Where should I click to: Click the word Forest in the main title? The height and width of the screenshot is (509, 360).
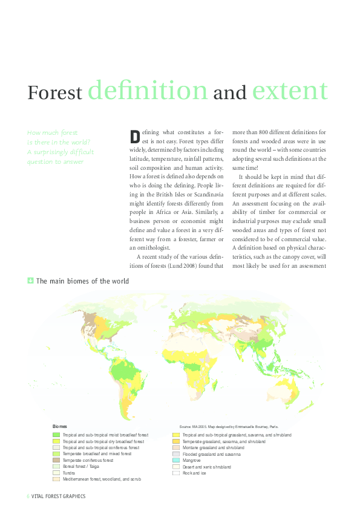tap(54, 93)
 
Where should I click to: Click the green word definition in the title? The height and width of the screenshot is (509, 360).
tap(148, 90)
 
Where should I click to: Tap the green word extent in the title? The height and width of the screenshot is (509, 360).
tap(290, 90)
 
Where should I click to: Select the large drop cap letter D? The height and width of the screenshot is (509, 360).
tap(135, 135)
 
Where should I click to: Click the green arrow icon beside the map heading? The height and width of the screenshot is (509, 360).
tap(30, 280)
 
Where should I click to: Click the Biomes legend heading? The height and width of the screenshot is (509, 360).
tap(60, 427)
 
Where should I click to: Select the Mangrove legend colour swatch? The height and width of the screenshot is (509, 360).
tap(176, 460)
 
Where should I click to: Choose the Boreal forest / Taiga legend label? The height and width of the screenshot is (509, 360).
tap(82, 466)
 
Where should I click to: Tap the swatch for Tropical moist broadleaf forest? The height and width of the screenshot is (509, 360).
tap(56, 435)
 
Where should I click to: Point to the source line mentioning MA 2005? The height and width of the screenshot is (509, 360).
tap(229, 427)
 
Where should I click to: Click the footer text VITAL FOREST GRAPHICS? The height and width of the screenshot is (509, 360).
tap(59, 496)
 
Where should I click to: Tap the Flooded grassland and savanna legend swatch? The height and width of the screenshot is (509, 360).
tap(176, 453)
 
